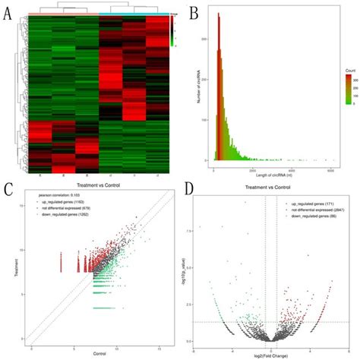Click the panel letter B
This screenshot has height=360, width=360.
pyautogui.click(x=194, y=13)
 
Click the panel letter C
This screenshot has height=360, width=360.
pyautogui.click(x=9, y=188)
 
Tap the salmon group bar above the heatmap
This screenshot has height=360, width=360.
pyautogui.click(x=66, y=14)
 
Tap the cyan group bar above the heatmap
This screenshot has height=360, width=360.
pyautogui.click(x=134, y=14)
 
